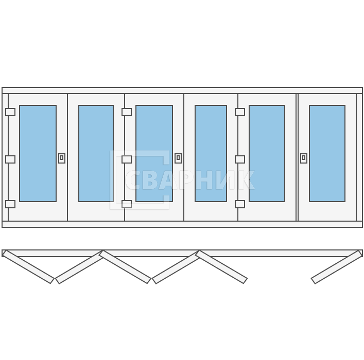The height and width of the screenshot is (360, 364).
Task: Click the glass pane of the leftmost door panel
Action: point(38,153)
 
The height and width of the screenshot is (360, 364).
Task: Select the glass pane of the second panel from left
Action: point(96,153)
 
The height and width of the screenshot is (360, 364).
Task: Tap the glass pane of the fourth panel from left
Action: point(211,153)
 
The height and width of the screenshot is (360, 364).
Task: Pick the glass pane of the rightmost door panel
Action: point(327,153)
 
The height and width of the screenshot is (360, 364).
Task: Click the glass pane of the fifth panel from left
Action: point(267,153)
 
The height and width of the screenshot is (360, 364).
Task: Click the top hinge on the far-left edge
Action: point(10,112)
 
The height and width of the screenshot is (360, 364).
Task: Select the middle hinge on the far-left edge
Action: point(10,159)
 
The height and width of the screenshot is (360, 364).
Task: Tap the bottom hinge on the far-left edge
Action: point(10,204)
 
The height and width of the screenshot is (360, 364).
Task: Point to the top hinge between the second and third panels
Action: point(127,112)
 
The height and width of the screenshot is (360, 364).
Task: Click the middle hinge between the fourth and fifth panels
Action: point(240,159)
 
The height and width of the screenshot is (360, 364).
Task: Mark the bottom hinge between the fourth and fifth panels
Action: point(240,204)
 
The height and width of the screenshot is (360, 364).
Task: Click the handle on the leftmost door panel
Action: point(62,158)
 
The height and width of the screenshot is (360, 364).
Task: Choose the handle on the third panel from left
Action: point(178,158)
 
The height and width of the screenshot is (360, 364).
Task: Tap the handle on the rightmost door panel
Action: point(304,158)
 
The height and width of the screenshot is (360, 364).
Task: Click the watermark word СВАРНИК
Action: point(190,180)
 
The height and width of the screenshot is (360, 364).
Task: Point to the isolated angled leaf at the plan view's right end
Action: point(337,267)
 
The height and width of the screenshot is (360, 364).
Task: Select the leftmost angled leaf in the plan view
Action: point(28,267)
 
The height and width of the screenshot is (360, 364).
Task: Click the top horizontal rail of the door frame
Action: point(182,91)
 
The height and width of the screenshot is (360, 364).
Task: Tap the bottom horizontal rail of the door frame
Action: point(182,224)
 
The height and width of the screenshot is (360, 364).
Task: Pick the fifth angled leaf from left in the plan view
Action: point(221,267)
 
